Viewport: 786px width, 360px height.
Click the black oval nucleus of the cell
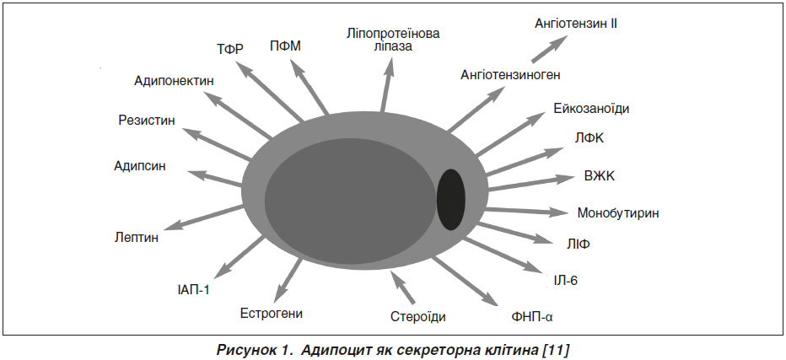point(450,200)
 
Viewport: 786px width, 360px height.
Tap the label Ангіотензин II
point(575,23)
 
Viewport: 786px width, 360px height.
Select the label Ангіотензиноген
point(510,75)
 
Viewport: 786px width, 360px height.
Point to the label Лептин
point(136,237)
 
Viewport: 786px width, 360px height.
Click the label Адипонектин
point(174,81)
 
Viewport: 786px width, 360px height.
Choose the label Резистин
point(147,121)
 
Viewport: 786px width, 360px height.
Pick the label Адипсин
point(139,166)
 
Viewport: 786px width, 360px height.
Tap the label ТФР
point(230,49)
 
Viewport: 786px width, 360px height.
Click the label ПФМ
point(285,46)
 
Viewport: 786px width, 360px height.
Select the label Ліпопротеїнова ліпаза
point(393,40)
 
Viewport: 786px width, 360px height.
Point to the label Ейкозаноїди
point(591,109)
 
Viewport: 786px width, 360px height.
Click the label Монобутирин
point(618,213)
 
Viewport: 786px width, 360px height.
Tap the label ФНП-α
point(532,317)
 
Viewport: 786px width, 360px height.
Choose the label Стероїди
point(417,317)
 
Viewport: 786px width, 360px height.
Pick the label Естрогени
point(272,314)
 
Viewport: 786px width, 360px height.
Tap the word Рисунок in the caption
point(248,350)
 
